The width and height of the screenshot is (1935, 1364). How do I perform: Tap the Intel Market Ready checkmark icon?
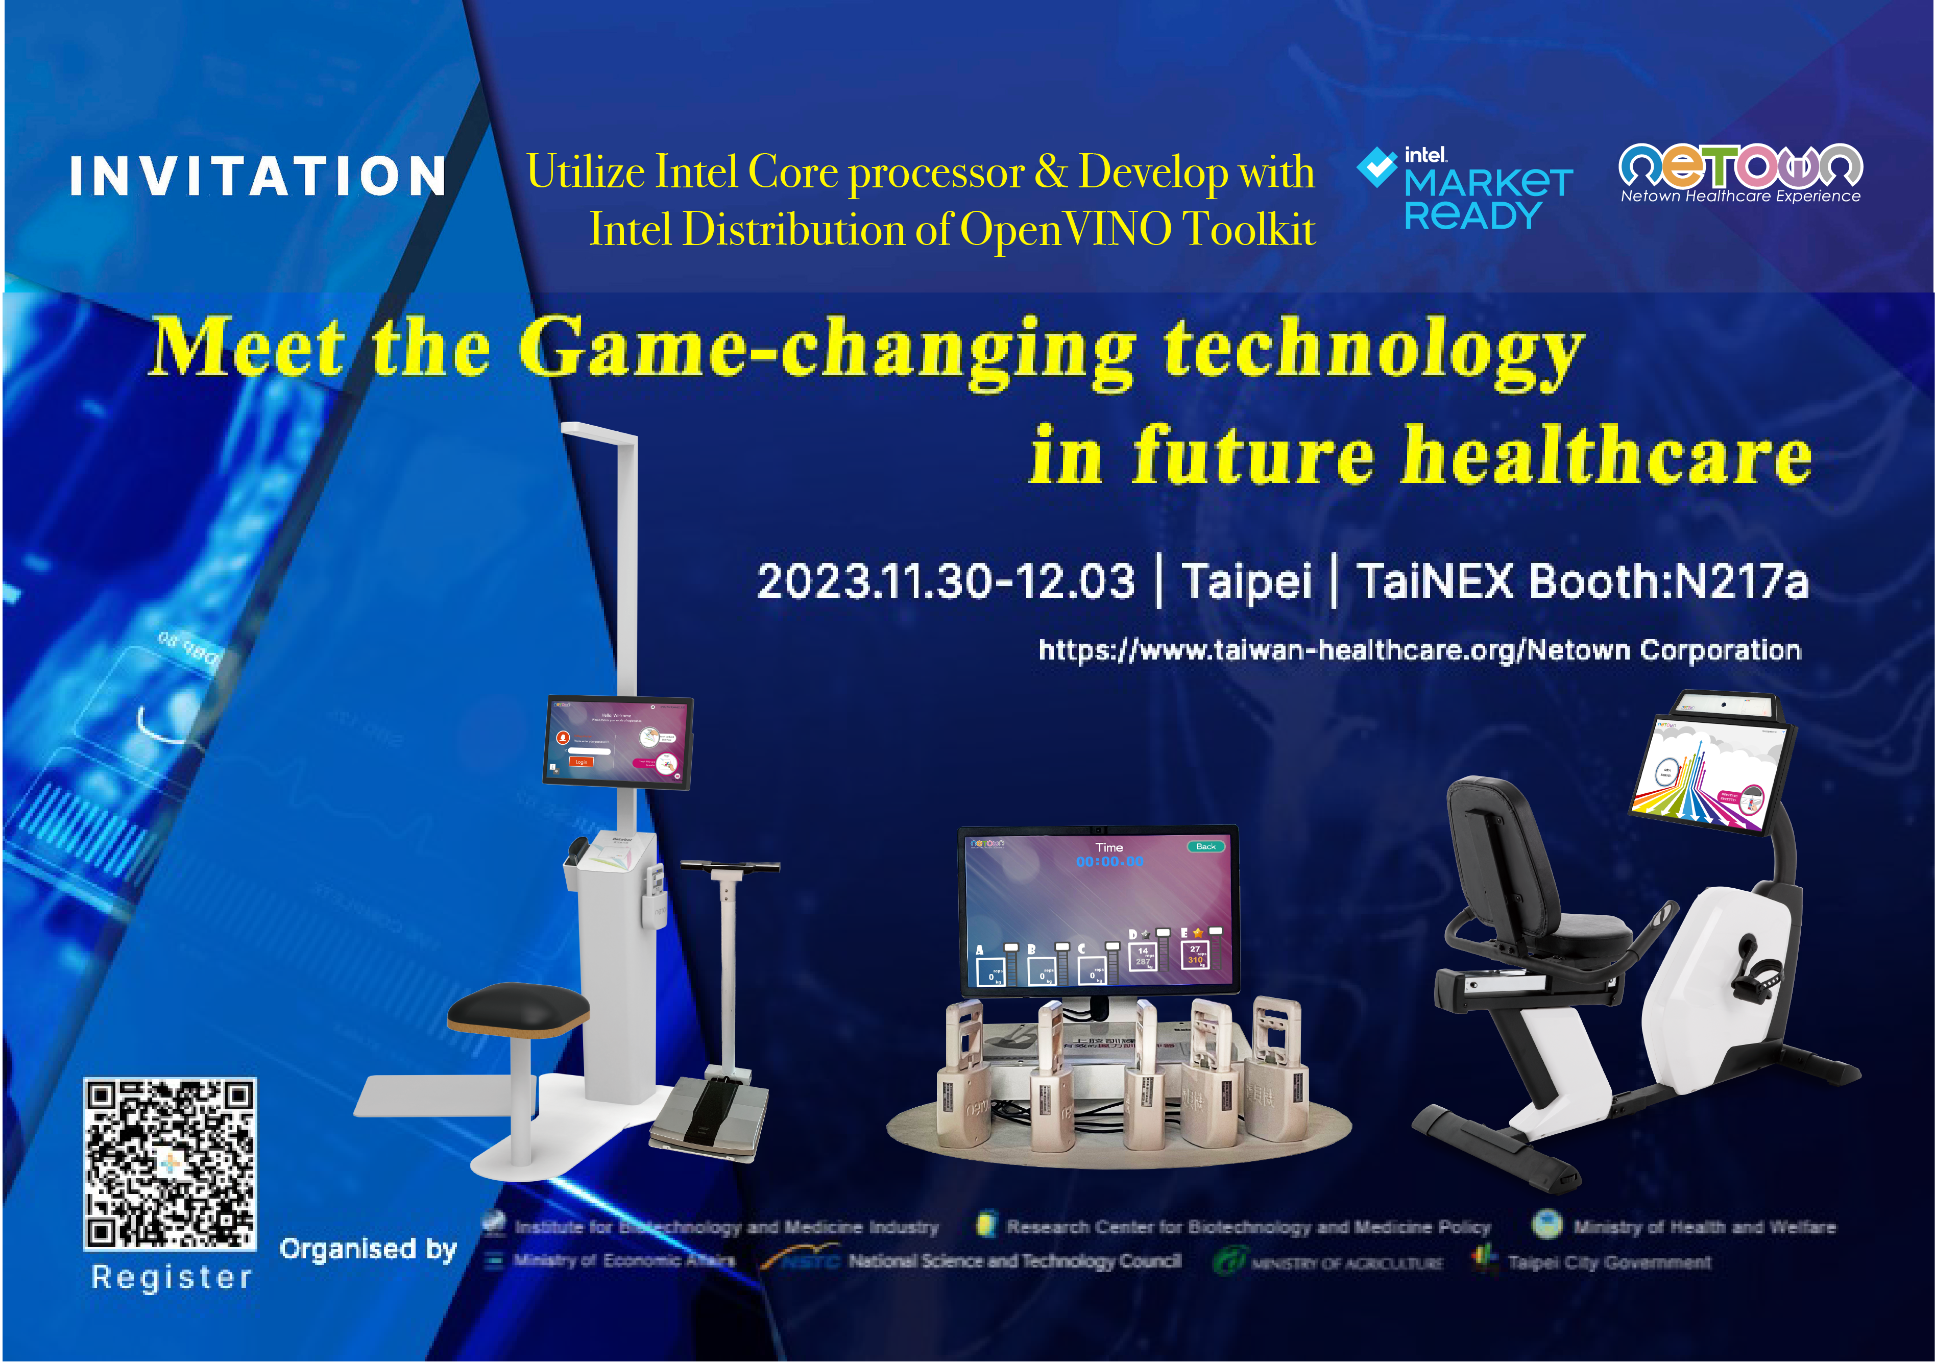pos(1376,167)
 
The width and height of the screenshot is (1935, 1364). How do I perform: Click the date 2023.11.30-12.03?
pos(946,581)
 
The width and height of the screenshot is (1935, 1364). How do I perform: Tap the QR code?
pos(170,1163)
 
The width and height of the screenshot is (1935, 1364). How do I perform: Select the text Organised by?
pos(368,1249)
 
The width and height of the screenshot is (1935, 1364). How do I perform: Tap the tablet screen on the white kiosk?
pos(618,741)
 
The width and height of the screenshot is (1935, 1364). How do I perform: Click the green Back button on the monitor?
pos(1205,846)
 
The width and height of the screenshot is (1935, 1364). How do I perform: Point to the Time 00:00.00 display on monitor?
pos(1109,855)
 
